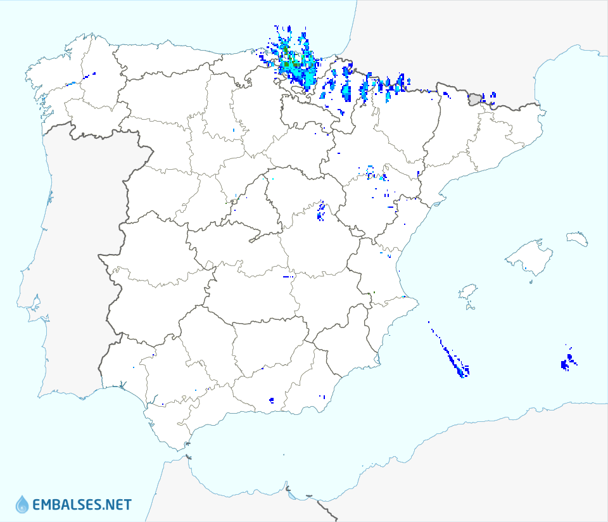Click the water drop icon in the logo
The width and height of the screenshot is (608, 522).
(22, 504)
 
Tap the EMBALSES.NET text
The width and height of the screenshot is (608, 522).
(82, 505)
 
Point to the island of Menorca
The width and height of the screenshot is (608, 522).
(577, 239)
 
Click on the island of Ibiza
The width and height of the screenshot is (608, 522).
(467, 292)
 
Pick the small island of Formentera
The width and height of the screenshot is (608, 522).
(470, 308)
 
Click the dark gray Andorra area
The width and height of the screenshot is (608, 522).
(475, 98)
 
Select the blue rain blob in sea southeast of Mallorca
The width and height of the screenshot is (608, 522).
(567, 362)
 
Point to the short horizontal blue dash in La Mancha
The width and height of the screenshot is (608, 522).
(288, 277)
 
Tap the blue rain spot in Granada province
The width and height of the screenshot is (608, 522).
(272, 400)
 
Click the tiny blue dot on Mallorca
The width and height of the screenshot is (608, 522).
(526, 270)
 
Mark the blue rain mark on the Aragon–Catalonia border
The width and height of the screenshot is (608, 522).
(419, 172)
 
